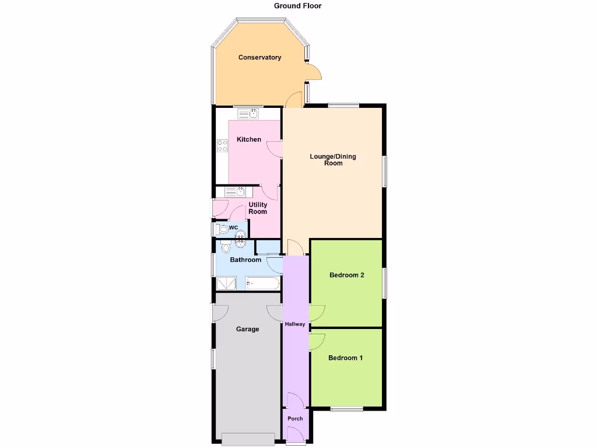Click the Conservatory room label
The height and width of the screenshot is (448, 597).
259,57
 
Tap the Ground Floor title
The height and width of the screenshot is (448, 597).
298,6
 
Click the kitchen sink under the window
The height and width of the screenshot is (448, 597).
248,114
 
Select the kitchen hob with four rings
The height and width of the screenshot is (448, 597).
222,146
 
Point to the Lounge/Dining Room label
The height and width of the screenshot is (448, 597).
333,160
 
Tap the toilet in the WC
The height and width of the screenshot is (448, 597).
222,230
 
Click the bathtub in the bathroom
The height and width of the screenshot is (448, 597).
262,284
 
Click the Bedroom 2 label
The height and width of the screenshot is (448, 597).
346,275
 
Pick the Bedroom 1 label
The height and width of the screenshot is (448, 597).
345,358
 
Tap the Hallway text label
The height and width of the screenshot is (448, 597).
294,324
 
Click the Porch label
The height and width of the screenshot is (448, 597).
295,418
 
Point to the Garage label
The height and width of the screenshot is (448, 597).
247,329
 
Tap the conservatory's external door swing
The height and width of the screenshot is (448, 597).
314,71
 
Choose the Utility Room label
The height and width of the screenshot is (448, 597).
258,208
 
